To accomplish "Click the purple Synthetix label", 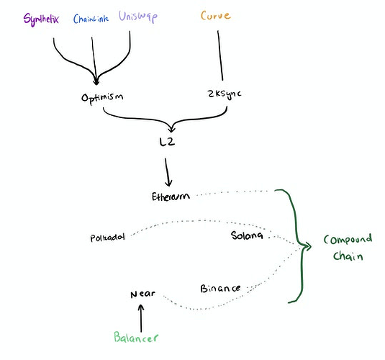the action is (41, 19).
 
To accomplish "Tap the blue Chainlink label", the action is (91, 19).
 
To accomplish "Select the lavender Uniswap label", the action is (138, 17).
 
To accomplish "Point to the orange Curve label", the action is (216, 16).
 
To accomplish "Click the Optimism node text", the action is (102, 98).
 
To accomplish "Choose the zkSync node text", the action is (225, 94).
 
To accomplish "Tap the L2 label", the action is (167, 142).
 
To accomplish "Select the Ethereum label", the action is (171, 197).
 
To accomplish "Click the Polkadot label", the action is (107, 238).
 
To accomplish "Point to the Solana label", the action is (247, 235).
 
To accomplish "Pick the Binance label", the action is (220, 288).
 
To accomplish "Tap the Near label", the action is (142, 294).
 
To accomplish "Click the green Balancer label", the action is (136, 337).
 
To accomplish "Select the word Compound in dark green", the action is (348, 240).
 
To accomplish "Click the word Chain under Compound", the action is (348, 256).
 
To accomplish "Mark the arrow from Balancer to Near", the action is (141, 318).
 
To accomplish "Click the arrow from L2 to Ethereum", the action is (167, 172).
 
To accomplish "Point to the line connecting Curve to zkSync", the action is (220, 55).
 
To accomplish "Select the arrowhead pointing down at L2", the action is (171, 128).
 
